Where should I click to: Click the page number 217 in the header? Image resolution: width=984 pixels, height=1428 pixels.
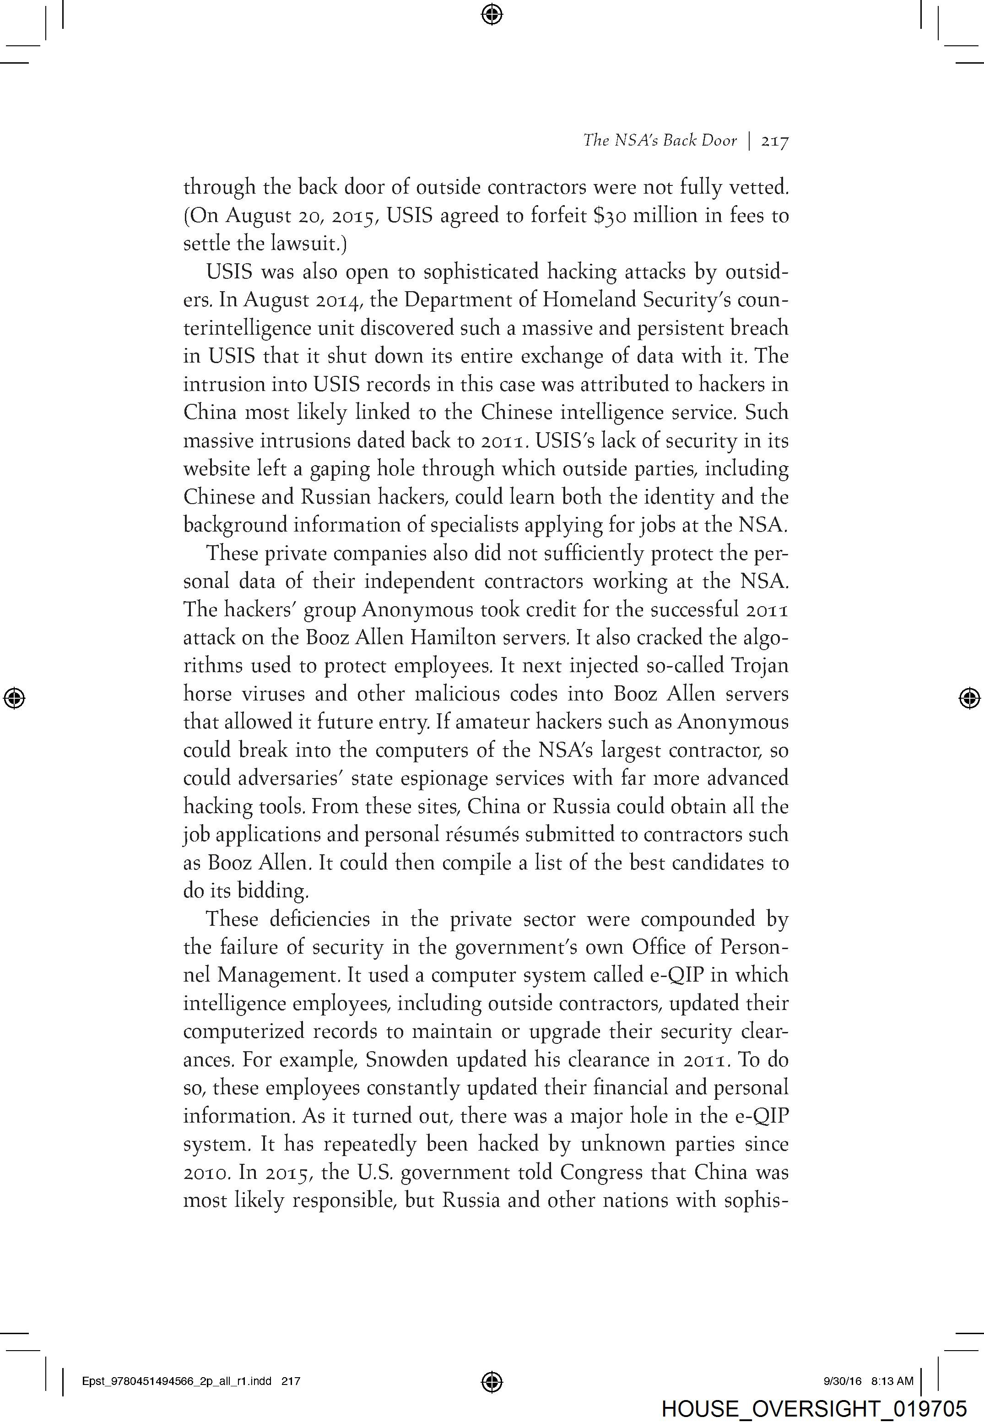[x=775, y=141]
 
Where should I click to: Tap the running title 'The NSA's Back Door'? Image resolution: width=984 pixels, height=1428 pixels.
[x=660, y=141]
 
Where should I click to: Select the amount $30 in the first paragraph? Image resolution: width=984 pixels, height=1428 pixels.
[x=607, y=215]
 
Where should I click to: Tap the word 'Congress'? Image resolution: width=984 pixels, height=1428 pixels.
[x=602, y=1172]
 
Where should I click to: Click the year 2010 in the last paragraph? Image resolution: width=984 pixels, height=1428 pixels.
[x=207, y=1172]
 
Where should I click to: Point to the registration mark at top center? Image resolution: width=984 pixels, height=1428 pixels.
[x=492, y=14]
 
